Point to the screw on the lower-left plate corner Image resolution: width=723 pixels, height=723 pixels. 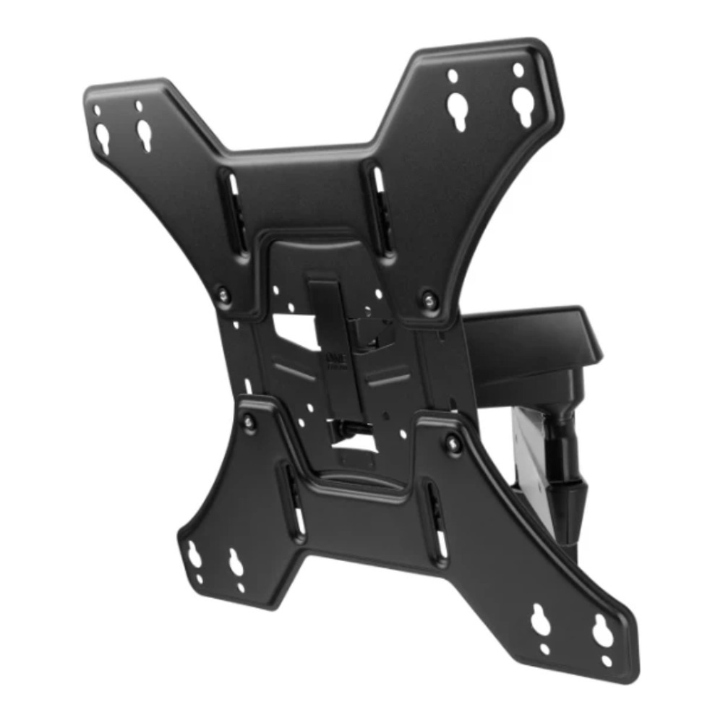click(x=249, y=422)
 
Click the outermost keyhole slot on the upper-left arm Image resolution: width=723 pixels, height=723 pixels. click(x=103, y=137)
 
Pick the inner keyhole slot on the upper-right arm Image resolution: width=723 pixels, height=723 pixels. click(x=457, y=109)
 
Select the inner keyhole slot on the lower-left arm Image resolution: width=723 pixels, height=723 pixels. click(x=236, y=562)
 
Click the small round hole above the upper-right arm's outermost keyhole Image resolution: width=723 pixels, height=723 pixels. click(x=518, y=70)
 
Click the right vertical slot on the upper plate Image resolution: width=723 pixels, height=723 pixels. click(x=378, y=187)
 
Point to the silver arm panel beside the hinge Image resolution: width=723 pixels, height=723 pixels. click(x=526, y=448)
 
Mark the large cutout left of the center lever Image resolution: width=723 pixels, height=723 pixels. click(x=293, y=330)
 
